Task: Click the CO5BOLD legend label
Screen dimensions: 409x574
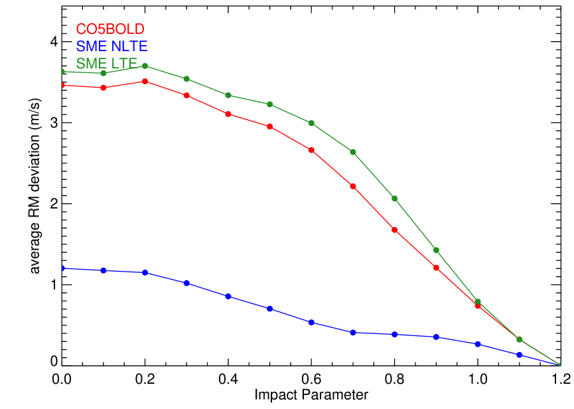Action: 110,29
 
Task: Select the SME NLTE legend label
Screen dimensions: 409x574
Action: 111,46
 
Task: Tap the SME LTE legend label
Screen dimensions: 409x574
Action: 106,64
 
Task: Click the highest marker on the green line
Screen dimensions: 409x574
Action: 145,66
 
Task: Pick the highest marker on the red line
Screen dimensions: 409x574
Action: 145,81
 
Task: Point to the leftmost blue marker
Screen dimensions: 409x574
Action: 62,268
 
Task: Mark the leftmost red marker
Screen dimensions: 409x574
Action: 62,85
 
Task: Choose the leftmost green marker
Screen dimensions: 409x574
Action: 62,71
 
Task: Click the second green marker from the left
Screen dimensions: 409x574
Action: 104,73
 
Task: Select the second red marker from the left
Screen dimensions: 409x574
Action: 104,88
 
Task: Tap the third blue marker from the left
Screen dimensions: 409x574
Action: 145,273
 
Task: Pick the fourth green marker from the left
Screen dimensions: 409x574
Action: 186,79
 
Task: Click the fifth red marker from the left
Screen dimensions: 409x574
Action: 228,114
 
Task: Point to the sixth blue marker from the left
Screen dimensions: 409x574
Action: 270,309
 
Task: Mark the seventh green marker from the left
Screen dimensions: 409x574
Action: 311,123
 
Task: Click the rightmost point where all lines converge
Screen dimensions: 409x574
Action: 559,365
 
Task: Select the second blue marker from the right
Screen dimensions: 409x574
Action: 520,355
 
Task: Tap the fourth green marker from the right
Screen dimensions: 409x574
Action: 436,250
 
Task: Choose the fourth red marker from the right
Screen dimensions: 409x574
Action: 436,268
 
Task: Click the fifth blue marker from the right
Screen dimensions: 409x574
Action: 395,334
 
